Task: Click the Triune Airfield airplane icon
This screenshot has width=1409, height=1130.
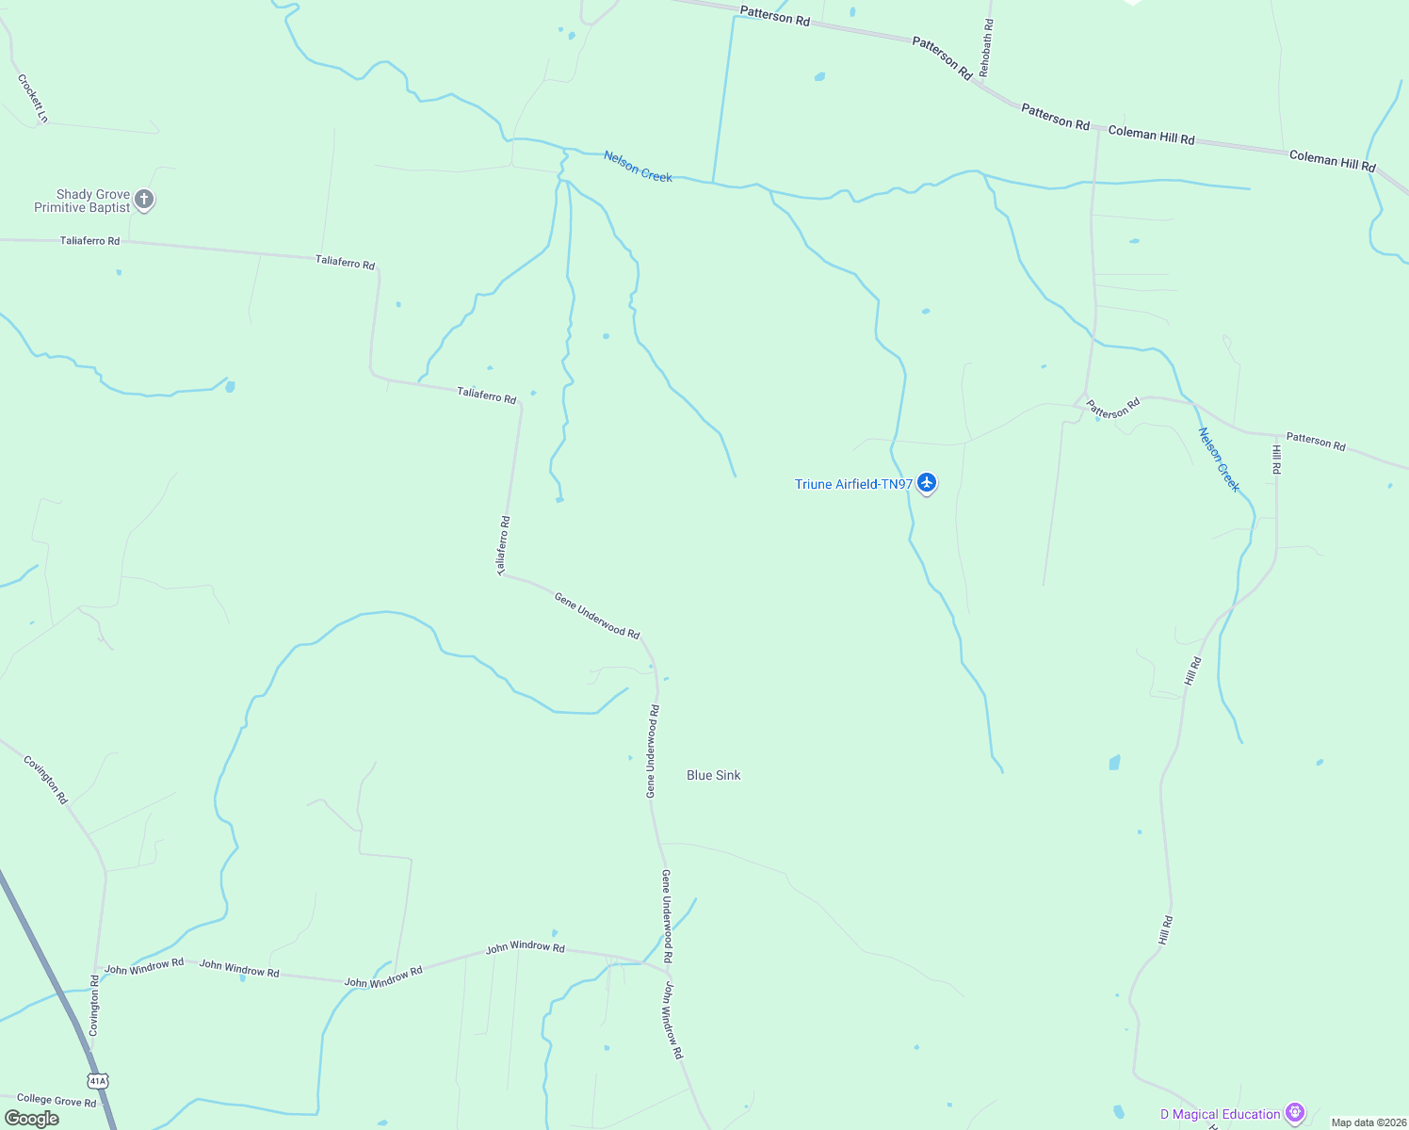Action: point(927,483)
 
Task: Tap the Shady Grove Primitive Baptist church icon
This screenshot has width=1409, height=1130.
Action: point(143,199)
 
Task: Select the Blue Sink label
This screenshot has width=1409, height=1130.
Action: point(713,775)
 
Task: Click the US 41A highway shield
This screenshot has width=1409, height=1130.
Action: point(97,1080)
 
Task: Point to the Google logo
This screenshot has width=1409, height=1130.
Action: point(32,1118)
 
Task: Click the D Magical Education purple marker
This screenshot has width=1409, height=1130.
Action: point(1296,1114)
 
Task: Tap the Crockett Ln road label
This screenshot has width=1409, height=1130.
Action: point(32,98)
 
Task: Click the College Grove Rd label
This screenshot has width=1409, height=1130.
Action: point(57,1100)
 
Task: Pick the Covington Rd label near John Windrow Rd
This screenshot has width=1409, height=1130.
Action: point(93,1007)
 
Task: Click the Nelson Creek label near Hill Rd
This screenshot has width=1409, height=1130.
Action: point(1219,460)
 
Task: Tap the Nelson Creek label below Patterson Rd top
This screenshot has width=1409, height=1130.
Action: point(638,167)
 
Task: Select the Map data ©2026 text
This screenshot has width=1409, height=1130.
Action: point(1368,1122)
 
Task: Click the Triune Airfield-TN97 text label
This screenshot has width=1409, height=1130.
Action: point(853,484)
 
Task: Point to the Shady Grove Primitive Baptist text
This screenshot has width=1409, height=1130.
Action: point(82,201)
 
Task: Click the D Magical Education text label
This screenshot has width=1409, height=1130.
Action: point(1220,1114)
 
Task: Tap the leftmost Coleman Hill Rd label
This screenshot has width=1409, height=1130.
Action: point(1151,136)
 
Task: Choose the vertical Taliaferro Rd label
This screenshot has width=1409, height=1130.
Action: point(503,546)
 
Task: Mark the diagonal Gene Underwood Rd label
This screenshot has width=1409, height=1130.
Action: point(597,615)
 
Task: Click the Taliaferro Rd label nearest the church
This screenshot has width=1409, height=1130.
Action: point(89,241)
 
